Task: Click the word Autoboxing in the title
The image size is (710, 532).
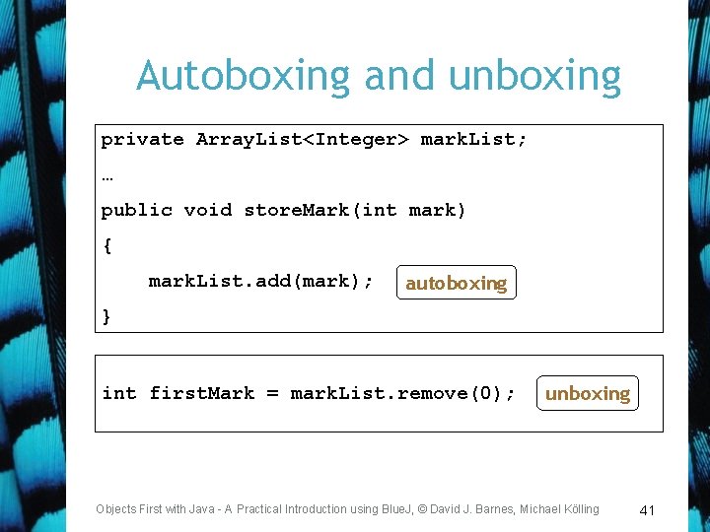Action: click(x=244, y=76)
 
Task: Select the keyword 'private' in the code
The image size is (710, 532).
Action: click(x=142, y=140)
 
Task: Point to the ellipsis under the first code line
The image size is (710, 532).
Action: click(x=106, y=177)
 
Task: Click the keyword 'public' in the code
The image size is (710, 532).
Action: click(x=136, y=210)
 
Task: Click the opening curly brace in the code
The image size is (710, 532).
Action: click(x=106, y=246)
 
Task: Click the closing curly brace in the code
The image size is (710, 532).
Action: click(x=106, y=316)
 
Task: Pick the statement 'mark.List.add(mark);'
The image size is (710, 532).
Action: click(x=260, y=282)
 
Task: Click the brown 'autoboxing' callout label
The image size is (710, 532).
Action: click(x=456, y=284)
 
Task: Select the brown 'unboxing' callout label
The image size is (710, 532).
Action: click(x=587, y=394)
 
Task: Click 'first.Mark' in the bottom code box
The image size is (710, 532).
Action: click(x=201, y=394)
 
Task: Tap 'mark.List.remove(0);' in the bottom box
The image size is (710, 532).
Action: click(x=402, y=394)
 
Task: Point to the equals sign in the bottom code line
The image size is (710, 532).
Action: click(x=271, y=394)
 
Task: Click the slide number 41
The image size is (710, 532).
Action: click(x=647, y=510)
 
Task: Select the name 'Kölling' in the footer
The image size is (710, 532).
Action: click(x=579, y=509)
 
